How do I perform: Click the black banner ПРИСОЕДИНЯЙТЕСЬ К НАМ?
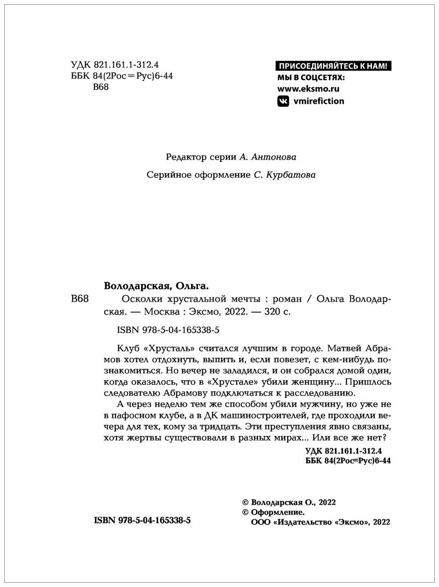click(333, 66)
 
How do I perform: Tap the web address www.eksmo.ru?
click(308, 89)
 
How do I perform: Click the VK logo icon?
click(283, 101)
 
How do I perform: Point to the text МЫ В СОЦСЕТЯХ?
click(311, 78)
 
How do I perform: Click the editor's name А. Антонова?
click(267, 157)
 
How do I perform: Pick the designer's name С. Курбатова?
click(284, 175)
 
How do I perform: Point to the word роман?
click(287, 299)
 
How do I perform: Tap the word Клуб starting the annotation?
click(127, 348)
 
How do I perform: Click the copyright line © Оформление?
click(274, 512)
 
